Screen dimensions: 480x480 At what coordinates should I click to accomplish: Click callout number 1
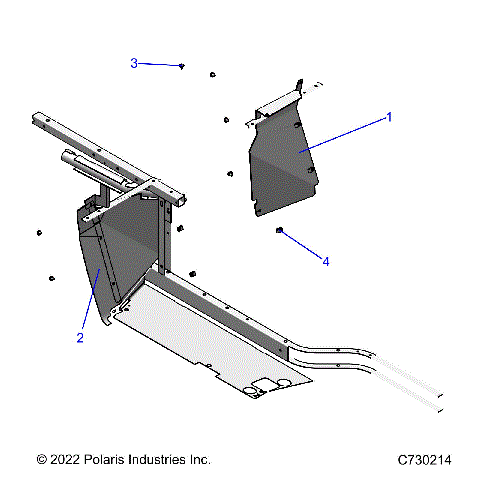coord(389,117)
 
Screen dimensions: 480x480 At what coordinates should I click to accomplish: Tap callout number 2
coord(79,337)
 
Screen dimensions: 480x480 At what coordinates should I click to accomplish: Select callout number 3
coord(134,63)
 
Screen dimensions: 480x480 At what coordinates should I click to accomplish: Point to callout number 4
coord(325,261)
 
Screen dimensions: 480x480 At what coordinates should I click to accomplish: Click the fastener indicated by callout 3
coord(182,66)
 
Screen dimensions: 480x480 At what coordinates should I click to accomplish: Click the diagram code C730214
coord(425,459)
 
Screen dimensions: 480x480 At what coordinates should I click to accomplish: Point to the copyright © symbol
coord(41,459)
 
